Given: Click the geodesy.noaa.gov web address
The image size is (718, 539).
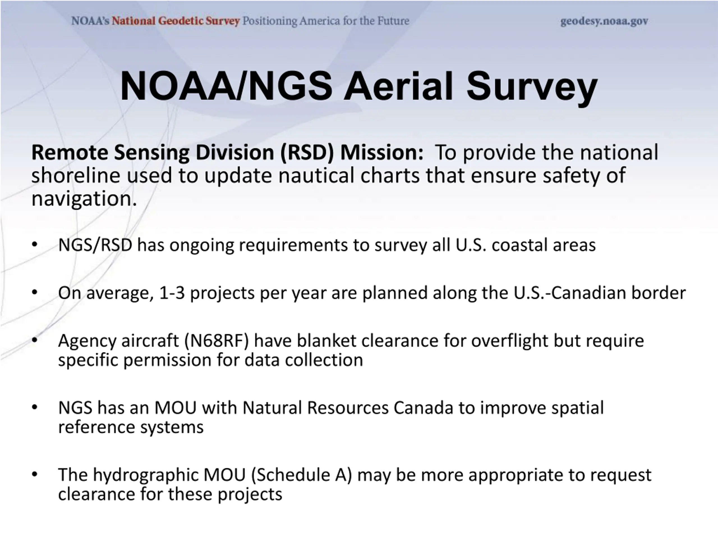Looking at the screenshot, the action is coord(604,21).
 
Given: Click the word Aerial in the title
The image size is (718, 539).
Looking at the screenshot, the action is coord(398,86).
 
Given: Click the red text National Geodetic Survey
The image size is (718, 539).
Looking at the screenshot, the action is coord(176,21).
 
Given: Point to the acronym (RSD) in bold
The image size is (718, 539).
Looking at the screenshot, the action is coord(307,152).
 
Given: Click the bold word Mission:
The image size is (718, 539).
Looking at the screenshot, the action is coord(382,152).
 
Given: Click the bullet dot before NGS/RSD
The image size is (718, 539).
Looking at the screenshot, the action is coord(35,244).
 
